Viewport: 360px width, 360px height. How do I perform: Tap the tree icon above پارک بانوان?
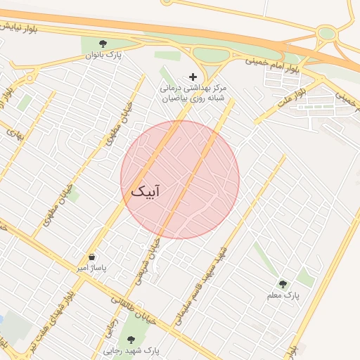pos(104,44)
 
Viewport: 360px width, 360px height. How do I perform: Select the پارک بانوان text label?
pos(104,55)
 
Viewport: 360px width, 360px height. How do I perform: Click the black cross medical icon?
pos(193,76)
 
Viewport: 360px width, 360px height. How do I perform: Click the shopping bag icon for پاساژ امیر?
pos(92,257)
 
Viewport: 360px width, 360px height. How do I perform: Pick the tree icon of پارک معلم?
pos(283,284)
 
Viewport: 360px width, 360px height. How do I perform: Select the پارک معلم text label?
pos(283,295)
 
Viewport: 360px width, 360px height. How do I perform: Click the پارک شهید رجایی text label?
pos(131,350)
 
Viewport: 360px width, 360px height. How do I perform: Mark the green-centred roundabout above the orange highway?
pos(326,33)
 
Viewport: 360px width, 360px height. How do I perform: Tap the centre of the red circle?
pos(180,180)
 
